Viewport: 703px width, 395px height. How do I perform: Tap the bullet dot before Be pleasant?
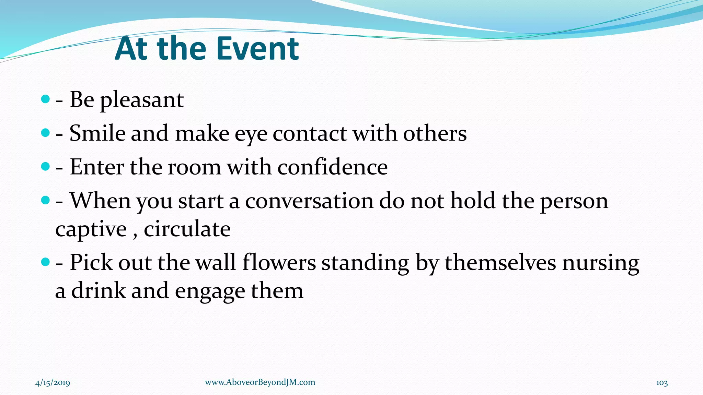(x=45, y=99)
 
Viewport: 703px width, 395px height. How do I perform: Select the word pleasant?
(x=142, y=100)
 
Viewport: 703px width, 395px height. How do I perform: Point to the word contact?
(x=310, y=134)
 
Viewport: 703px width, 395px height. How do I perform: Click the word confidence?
(x=332, y=167)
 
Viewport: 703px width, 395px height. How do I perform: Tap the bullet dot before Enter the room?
(x=45, y=167)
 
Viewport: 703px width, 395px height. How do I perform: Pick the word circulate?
(x=187, y=229)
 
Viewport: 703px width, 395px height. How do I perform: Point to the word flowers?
(x=279, y=263)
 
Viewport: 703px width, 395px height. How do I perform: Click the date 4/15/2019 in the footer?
(x=53, y=383)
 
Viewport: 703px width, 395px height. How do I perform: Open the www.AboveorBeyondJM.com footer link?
(x=260, y=382)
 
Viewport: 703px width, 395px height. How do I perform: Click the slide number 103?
(x=662, y=383)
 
